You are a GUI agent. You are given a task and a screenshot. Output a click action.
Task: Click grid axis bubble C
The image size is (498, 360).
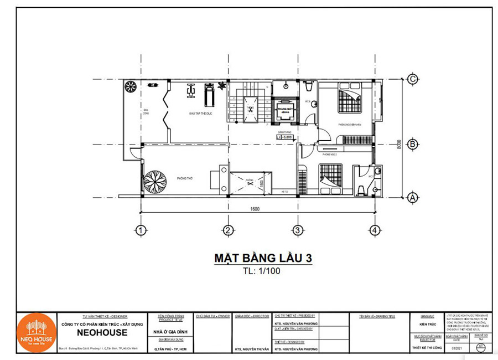point(412,79)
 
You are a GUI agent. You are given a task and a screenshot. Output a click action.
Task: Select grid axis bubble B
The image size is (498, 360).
point(412,144)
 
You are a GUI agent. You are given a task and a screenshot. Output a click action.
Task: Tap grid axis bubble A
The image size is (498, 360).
point(412,197)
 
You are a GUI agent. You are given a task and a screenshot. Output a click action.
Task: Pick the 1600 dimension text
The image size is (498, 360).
point(255,209)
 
